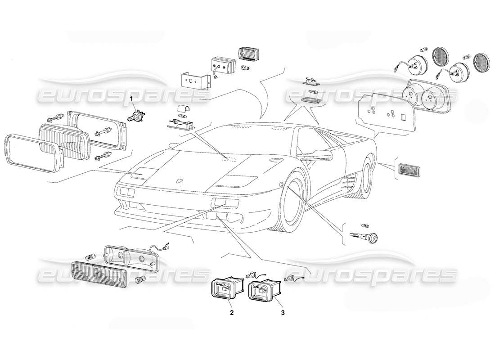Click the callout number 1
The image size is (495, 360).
click(x=131, y=98)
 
